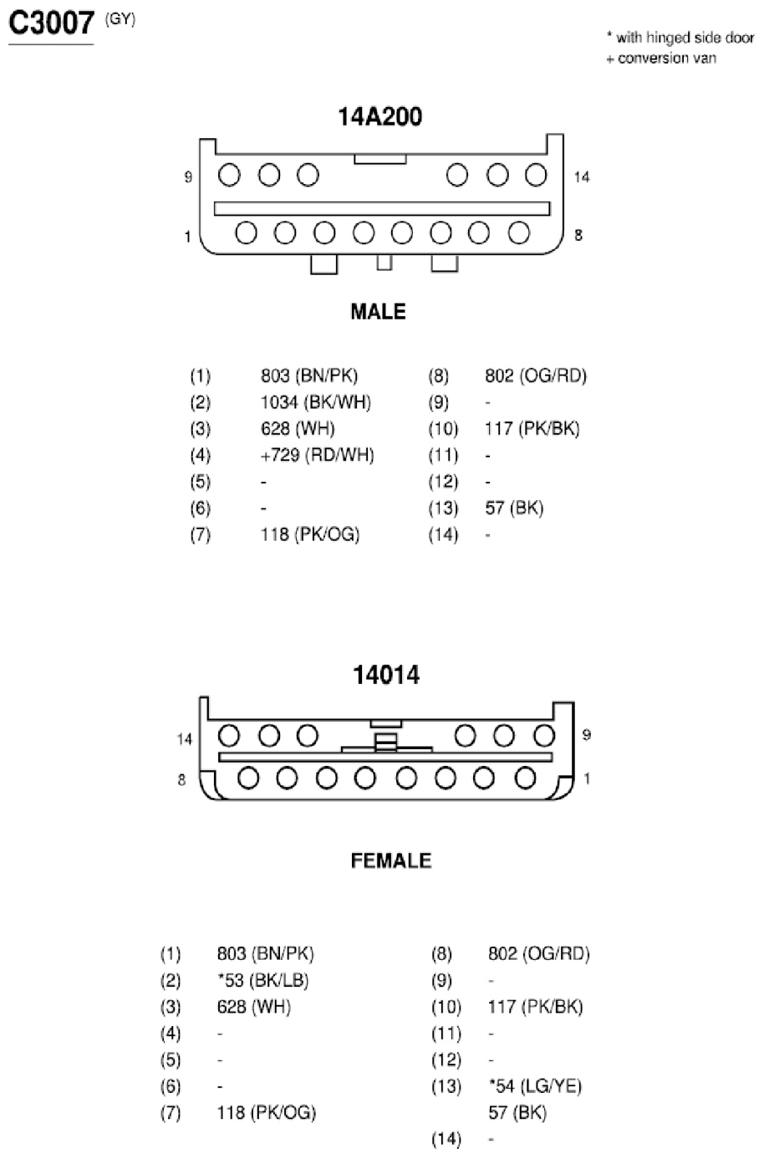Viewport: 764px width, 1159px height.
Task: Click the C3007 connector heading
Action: (51, 23)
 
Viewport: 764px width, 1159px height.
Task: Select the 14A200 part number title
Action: (379, 116)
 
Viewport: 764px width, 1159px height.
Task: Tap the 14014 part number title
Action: (386, 675)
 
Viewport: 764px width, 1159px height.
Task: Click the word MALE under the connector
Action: (378, 311)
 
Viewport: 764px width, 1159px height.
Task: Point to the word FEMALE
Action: (391, 861)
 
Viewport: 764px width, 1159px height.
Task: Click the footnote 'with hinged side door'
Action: (680, 38)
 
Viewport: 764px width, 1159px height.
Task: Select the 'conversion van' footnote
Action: (661, 59)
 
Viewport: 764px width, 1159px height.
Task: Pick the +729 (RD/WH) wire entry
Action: (317, 455)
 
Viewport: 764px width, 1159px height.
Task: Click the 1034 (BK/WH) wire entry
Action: (315, 402)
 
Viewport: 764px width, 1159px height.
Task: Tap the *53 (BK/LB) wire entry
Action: (262, 981)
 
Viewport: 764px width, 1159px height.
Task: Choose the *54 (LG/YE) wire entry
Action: (535, 1086)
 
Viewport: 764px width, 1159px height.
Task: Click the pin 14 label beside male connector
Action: (582, 177)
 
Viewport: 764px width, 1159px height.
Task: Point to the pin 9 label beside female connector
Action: (586, 735)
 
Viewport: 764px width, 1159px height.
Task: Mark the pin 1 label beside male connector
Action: (188, 237)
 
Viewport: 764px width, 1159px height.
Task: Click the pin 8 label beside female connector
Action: (181, 779)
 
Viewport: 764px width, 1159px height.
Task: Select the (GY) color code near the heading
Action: (120, 20)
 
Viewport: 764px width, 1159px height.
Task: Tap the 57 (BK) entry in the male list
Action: (514, 508)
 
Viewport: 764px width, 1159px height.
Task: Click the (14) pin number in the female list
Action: (446, 1139)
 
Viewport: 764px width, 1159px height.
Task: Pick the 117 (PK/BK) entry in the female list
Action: (535, 1007)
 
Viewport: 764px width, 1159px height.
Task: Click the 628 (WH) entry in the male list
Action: (298, 428)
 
